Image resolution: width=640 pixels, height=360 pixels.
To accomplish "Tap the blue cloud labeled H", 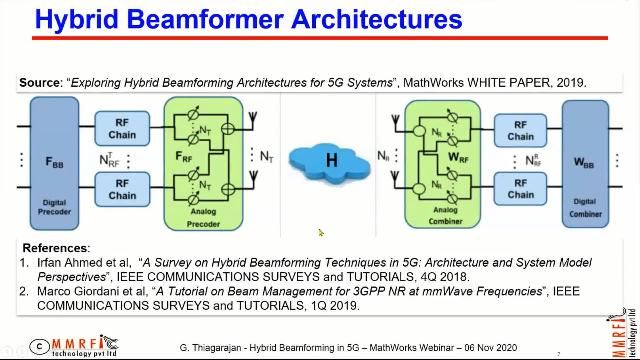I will click(321, 160).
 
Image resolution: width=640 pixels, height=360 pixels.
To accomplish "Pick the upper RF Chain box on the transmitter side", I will click(122, 128).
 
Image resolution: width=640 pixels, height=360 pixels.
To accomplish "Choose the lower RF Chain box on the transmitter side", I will click(122, 189).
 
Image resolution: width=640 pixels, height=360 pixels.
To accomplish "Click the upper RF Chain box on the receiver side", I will click(520, 129).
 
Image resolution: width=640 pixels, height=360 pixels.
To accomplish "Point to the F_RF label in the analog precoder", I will click(185, 158).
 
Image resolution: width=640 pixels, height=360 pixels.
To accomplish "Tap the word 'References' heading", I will click(55, 248).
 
